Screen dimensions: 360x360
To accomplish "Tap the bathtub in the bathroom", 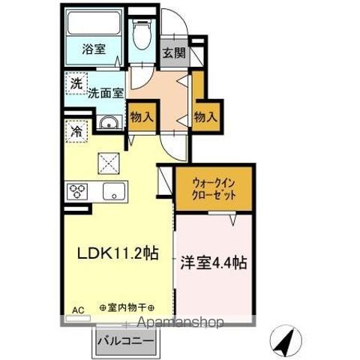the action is (x=94, y=22).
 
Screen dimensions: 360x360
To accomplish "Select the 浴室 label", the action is (x=94, y=49).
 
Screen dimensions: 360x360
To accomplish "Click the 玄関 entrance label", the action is (x=175, y=52).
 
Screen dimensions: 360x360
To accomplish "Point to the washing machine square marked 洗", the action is (x=76, y=83).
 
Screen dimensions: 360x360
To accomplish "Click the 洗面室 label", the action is (x=106, y=93).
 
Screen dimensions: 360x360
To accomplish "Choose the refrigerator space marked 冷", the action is (x=76, y=131).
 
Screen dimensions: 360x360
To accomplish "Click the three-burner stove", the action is (x=77, y=192).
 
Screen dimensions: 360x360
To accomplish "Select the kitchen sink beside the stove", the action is (x=114, y=191).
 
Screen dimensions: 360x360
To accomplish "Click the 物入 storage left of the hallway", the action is (x=142, y=117).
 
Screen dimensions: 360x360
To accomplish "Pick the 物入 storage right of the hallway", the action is (x=205, y=117).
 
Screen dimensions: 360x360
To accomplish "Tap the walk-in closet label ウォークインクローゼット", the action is (x=214, y=189).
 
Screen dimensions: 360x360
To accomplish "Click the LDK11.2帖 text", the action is (x=118, y=253).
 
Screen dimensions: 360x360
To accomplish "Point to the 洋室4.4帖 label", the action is (x=214, y=262).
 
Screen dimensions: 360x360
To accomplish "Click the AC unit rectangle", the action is (x=78, y=318).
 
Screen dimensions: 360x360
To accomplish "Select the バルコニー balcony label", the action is (x=125, y=341).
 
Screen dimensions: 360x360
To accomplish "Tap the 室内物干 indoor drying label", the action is (x=127, y=307).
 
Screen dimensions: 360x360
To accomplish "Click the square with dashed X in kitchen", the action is (x=109, y=163).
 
